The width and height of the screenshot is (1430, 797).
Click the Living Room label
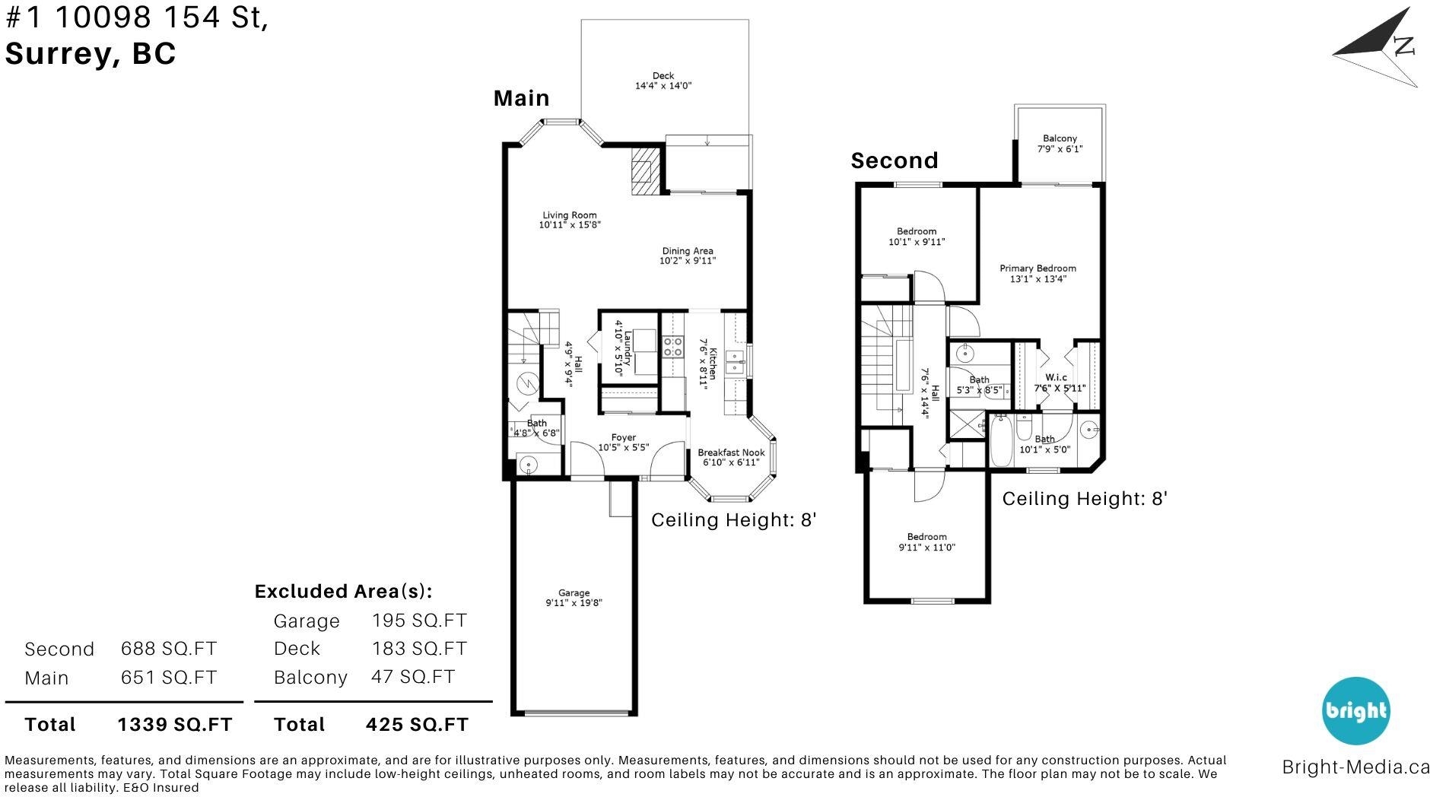pos(570,215)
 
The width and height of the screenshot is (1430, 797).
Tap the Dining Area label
pos(688,251)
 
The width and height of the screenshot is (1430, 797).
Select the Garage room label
pos(574,593)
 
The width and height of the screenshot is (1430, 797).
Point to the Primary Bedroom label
pos(1038,268)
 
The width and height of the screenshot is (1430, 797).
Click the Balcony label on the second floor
pos(1060,138)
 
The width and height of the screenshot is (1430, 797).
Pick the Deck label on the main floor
pos(663,75)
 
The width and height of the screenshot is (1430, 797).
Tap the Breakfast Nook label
pos(732,452)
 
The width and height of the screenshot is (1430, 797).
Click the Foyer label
pos(624,437)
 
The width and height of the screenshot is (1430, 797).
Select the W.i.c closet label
pos(1056,377)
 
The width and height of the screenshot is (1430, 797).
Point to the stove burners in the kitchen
pos(672,347)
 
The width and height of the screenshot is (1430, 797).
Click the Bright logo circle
pos(1356,711)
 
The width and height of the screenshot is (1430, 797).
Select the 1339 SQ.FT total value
pos(175,725)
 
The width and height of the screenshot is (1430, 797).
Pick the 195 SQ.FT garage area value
pos(419,621)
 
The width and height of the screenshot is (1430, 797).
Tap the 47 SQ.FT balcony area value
pos(413,677)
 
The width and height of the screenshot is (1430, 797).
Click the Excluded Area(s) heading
pos(343,592)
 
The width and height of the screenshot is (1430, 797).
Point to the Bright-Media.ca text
pos(1355,767)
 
